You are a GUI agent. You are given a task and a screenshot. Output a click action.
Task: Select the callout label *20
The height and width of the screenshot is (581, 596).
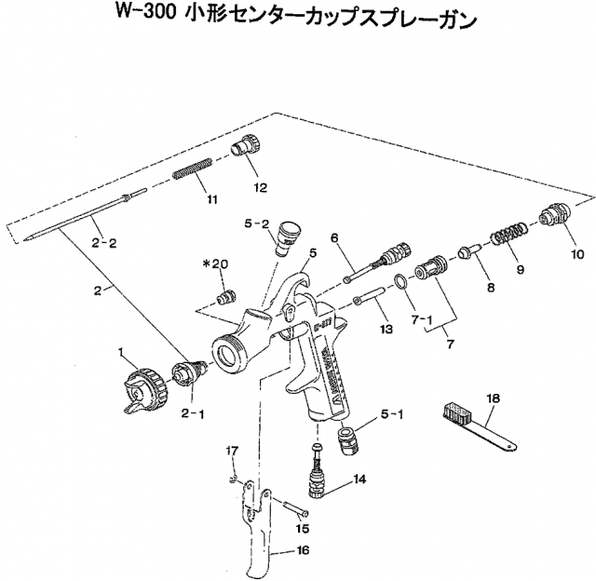pos(219,263)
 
